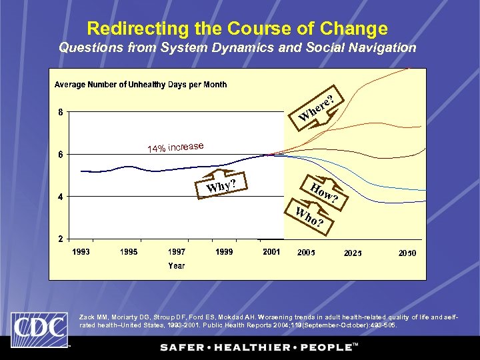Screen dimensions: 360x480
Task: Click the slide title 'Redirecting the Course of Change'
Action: click(237, 29)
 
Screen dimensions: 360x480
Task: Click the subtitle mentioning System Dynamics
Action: click(237, 48)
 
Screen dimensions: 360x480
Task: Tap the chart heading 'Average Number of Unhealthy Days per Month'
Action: click(141, 85)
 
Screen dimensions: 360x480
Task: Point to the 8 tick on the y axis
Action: click(61, 112)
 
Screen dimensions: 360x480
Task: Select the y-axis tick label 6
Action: click(61, 155)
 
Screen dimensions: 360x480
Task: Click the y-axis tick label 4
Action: click(61, 197)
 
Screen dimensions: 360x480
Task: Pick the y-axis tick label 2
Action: click(61, 239)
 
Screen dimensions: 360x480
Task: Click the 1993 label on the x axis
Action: click(81, 252)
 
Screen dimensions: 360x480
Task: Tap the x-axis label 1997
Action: click(177, 252)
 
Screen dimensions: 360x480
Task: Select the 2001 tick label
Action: click(271, 252)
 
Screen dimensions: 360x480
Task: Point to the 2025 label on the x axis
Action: click(353, 253)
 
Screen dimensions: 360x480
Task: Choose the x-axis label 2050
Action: click(407, 253)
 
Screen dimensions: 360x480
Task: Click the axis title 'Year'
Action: click(177, 265)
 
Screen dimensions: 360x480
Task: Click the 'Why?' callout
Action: click(222, 185)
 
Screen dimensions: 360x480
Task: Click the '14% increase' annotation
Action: click(175, 147)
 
